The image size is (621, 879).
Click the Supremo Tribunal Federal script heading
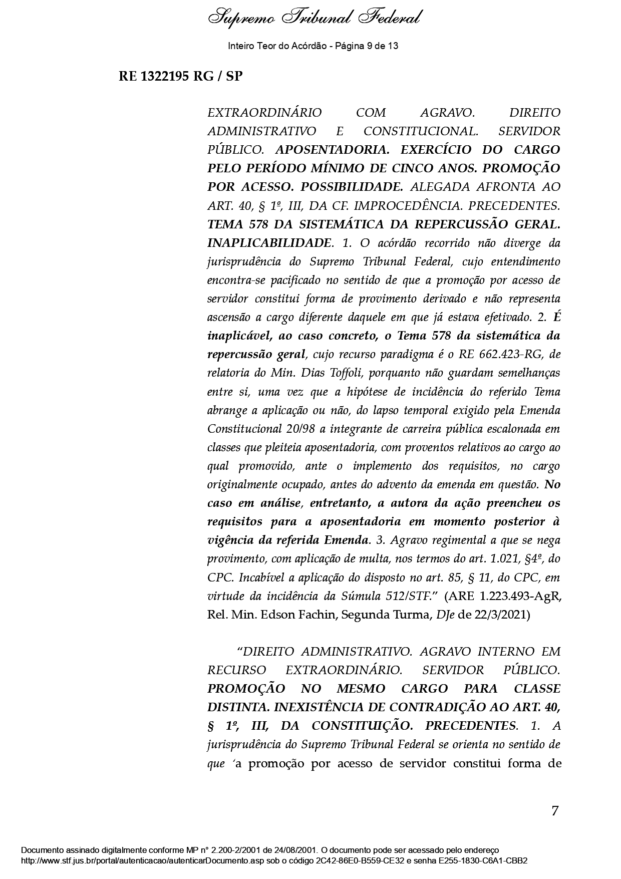pos(314,19)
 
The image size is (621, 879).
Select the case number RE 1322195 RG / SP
pos(180,77)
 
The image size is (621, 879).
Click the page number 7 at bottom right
pos(555,811)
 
